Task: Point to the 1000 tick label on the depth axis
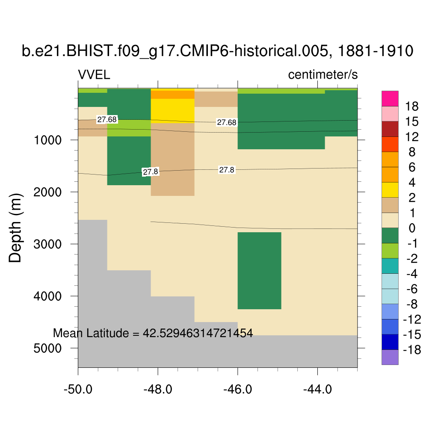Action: pos(48,140)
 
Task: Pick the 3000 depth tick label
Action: pos(48,244)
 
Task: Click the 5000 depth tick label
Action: pos(48,348)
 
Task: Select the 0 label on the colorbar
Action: pos(412,228)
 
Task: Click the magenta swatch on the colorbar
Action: pos(390,98)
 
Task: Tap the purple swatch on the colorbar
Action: pos(390,357)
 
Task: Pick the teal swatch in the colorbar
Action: pos(390,266)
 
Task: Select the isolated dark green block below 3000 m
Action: pos(259,270)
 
